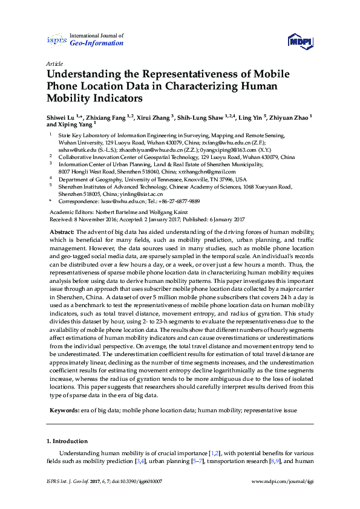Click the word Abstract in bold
pos(61,232)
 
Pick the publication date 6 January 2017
pos(219,219)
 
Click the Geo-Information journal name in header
pos(97,43)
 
